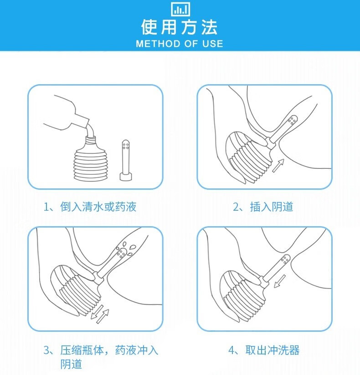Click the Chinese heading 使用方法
pyautogui.click(x=180, y=27)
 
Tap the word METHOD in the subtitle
pyautogui.click(x=158, y=44)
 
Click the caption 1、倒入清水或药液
pyautogui.click(x=90, y=207)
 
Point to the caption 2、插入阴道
pyautogui.click(x=263, y=207)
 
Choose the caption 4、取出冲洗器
pyautogui.click(x=264, y=350)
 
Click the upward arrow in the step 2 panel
pyautogui.click(x=278, y=165)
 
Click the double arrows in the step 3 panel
pyautogui.click(x=100, y=314)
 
